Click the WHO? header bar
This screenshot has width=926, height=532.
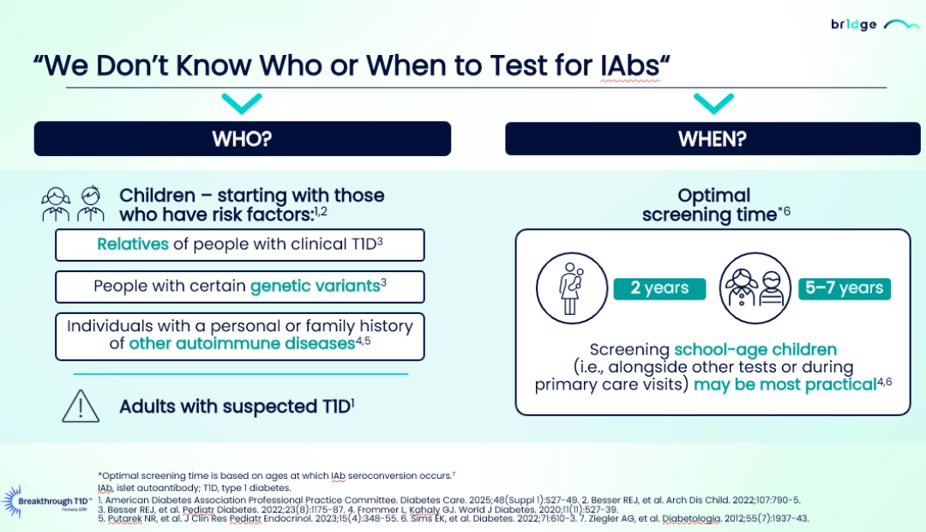[242, 139]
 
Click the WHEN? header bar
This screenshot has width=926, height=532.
[713, 139]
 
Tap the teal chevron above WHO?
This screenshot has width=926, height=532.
[242, 104]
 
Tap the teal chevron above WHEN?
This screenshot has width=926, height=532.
[713, 104]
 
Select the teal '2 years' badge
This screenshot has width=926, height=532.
[659, 288]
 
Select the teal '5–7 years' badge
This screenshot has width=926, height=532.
[845, 288]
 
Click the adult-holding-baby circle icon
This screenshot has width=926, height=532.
[572, 288]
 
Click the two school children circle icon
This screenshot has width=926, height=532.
[755, 288]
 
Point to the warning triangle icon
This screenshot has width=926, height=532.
[81, 407]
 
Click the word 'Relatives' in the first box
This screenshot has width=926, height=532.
[133, 245]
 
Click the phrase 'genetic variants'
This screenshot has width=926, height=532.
[316, 286]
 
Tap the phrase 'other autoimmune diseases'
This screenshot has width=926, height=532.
[242, 343]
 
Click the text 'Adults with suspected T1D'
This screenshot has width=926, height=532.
[235, 407]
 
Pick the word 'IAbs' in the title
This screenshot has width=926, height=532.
[630, 65]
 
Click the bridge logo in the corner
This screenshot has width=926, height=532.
[875, 25]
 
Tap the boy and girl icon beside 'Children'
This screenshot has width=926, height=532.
[73, 204]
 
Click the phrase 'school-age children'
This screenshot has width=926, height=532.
[755, 349]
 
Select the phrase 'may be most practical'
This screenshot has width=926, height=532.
[785, 384]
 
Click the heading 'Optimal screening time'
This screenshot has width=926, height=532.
[713, 204]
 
